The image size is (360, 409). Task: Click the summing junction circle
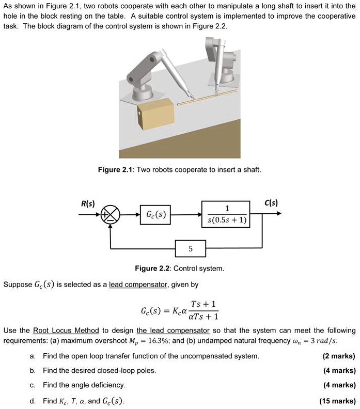110,213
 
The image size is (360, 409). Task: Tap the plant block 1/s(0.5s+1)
227,213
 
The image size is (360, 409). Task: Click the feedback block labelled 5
190,249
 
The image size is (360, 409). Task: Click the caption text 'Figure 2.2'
153,269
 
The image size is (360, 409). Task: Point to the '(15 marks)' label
338,401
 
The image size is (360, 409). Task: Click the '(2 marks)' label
339,356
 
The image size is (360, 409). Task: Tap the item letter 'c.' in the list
33,385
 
